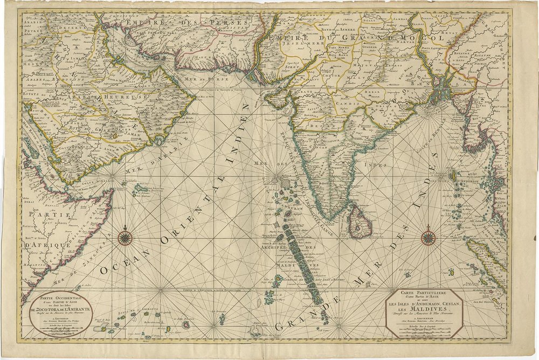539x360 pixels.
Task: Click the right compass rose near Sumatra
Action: [x=429, y=236]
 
